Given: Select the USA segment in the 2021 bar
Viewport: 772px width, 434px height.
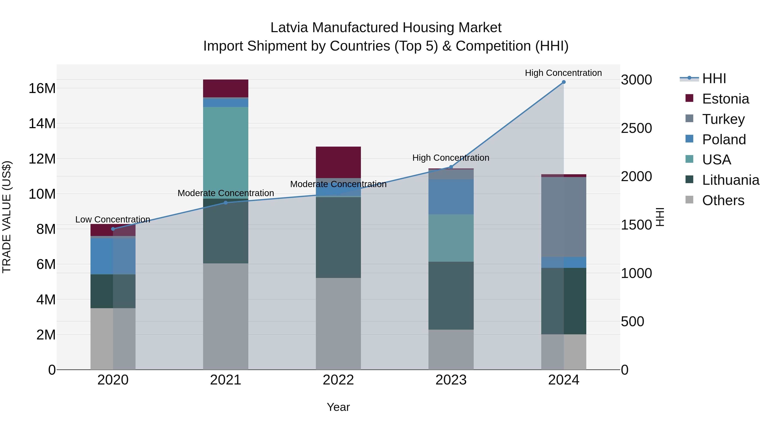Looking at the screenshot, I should click(x=226, y=153).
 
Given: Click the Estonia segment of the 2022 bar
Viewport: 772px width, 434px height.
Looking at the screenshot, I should click(x=338, y=162).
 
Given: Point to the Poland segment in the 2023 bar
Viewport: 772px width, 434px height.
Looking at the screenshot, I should click(x=451, y=197).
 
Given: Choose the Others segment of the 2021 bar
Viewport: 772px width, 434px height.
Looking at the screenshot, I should click(x=226, y=316).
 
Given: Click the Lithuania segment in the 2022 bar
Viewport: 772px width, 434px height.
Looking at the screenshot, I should click(x=338, y=237).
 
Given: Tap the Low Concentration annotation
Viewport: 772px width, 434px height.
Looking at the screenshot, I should click(x=113, y=219).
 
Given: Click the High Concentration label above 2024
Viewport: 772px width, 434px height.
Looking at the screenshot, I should click(x=563, y=73).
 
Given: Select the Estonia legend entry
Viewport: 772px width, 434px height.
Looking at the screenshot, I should click(x=725, y=99).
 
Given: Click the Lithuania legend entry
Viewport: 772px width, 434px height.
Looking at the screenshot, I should click(x=730, y=180).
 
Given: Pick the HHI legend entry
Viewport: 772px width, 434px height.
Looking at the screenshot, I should click(x=714, y=78).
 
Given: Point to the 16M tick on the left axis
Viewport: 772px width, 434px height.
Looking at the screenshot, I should click(x=42, y=88).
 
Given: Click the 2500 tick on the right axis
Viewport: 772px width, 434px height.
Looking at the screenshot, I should click(x=636, y=128).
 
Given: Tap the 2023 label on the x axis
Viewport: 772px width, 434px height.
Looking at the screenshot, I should click(x=451, y=380).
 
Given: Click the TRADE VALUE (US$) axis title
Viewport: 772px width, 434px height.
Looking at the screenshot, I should click(x=7, y=217).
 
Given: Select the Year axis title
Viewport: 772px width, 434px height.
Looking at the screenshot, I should click(x=338, y=407).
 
